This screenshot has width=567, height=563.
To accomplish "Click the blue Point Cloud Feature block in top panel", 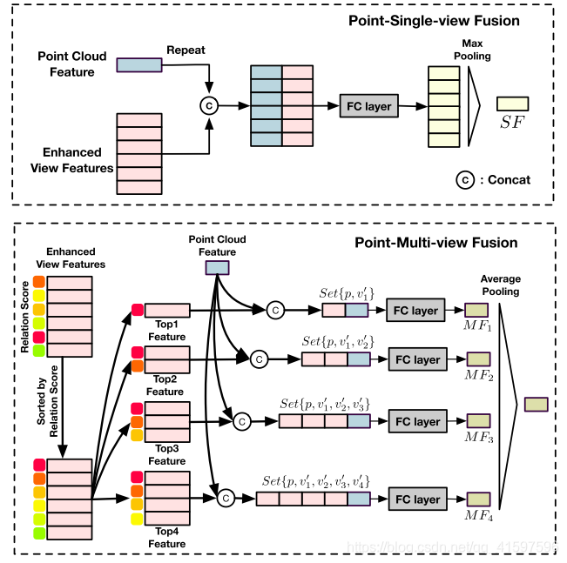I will pyautogui.click(x=138, y=64).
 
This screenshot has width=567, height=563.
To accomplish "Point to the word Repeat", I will pyautogui.click(x=186, y=50).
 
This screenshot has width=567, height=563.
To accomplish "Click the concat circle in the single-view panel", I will pyautogui.click(x=208, y=105).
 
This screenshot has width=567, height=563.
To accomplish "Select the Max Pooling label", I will pyautogui.click(x=471, y=49).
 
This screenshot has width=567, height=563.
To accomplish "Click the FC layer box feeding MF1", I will pyautogui.click(x=415, y=310).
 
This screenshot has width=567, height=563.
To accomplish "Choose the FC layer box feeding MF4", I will pyautogui.click(x=415, y=499).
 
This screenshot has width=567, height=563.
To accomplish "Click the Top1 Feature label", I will pyautogui.click(x=166, y=331).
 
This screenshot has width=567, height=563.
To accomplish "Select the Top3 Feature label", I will pyautogui.click(x=166, y=454).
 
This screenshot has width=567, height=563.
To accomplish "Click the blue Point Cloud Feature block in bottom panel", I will pyautogui.click(x=217, y=268).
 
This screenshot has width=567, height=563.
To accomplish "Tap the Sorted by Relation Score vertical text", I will pyautogui.click(x=41, y=400).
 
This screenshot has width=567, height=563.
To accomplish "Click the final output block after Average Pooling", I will pyautogui.click(x=536, y=405).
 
